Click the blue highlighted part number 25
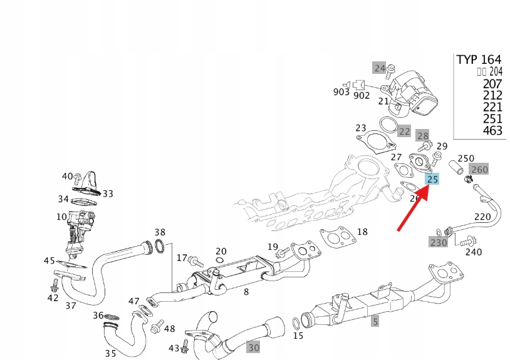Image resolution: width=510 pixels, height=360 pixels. [432, 180]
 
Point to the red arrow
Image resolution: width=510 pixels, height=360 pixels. [414, 207]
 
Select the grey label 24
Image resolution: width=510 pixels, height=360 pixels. [380, 68]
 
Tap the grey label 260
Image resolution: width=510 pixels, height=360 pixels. [479, 169]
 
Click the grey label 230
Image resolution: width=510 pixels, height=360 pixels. [438, 242]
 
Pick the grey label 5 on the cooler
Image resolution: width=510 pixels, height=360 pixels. [375, 322]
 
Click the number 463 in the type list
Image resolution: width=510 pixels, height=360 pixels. [492, 131]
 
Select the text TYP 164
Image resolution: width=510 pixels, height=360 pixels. [479, 60]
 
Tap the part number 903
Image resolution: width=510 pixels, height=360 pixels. [341, 92]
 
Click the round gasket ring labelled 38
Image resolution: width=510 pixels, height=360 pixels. [160, 247]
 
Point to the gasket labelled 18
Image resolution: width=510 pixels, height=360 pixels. [336, 238]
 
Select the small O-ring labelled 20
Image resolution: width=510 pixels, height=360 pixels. [220, 260]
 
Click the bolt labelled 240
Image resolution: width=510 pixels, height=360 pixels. [466, 242]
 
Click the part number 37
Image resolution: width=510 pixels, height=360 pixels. [70, 306]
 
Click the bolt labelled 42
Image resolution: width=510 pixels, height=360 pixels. [55, 285]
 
